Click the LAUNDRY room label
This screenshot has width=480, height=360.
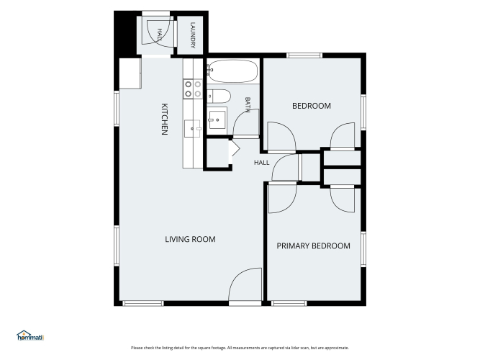[x=193, y=35]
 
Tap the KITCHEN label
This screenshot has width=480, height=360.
[x=164, y=120]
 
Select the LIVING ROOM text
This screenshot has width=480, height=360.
[x=190, y=239]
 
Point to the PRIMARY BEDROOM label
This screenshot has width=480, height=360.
[x=314, y=246]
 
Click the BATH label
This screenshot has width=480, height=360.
[x=248, y=104]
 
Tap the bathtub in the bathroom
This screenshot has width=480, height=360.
[x=232, y=71]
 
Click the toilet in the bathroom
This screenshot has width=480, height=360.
[x=219, y=96]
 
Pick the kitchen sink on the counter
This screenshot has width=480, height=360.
[x=192, y=129]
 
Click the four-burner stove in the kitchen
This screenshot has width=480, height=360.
[x=193, y=89]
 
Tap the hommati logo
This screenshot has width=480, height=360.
[x=30, y=336]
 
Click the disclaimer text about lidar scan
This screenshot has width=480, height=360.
[x=240, y=348]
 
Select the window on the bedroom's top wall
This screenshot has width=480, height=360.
[x=304, y=55]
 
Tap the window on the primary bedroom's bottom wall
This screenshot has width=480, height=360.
[x=289, y=303]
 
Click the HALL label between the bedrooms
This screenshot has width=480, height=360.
[x=262, y=163]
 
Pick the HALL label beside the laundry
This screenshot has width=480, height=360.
[x=160, y=35]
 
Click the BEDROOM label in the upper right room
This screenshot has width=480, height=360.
[x=312, y=106]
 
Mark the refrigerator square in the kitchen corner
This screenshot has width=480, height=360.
[x=130, y=73]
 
